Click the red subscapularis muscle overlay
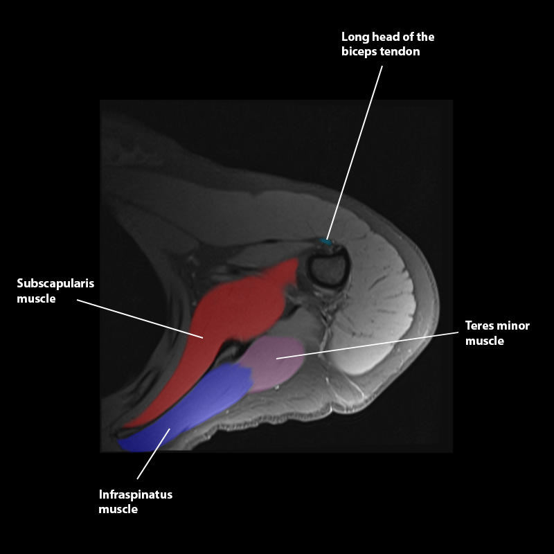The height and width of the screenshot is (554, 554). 235,312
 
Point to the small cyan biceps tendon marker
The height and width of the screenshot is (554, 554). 325,242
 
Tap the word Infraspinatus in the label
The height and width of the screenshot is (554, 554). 136,494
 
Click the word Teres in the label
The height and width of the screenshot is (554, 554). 480,325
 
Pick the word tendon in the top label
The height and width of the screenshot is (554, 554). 399,51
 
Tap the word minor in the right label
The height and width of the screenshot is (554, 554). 513,325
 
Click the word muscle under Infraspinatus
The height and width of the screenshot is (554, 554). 118,510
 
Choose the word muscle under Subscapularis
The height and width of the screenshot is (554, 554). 36,299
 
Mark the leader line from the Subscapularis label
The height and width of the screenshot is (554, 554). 138,319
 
